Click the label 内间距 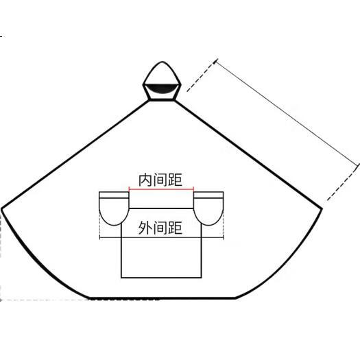(x=160, y=180)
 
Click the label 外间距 (x=160, y=228)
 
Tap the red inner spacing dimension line (x=161, y=189)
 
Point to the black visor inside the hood (x=162, y=88)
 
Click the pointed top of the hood (x=162, y=62)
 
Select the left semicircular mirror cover (x=114, y=211)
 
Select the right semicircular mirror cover (x=208, y=211)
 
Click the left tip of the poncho (x=2, y=209)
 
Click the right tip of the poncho (x=322, y=208)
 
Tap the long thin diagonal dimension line (x=287, y=112)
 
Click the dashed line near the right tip (x=343, y=183)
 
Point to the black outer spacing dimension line (x=161, y=238)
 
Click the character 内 (x=145, y=180)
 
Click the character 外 (x=145, y=228)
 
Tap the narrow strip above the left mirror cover (x=114, y=195)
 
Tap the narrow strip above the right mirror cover (x=208, y=195)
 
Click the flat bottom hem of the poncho (x=163, y=298)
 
